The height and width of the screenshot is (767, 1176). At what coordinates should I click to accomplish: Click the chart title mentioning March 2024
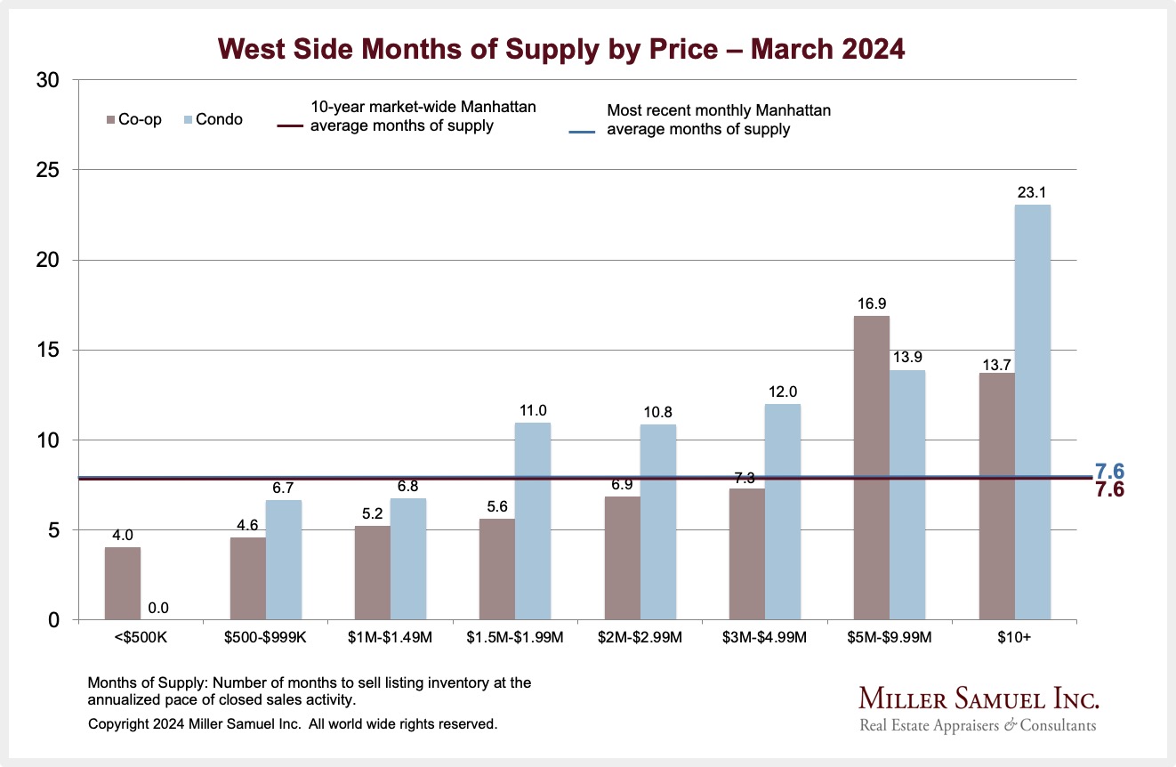point(561,48)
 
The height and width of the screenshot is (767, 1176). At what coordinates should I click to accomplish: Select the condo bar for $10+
point(1032,413)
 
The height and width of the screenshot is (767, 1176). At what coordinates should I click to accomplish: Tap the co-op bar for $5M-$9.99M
point(871,468)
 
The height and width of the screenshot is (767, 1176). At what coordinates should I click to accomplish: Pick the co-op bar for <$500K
point(123,584)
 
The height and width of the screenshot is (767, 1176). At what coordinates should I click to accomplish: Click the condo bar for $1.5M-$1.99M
point(533,521)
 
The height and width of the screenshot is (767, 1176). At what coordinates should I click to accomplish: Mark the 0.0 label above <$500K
point(158,608)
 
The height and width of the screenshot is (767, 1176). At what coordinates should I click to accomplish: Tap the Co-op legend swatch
point(111,119)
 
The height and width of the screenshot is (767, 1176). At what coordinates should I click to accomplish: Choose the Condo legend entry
point(213,119)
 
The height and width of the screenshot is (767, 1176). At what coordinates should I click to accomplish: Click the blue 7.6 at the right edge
point(1109,471)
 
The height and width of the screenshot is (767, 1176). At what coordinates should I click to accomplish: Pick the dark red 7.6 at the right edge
point(1109,489)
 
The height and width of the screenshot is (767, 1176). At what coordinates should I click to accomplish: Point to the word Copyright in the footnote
point(119,724)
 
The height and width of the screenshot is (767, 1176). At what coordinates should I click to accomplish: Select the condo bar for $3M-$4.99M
point(783,512)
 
